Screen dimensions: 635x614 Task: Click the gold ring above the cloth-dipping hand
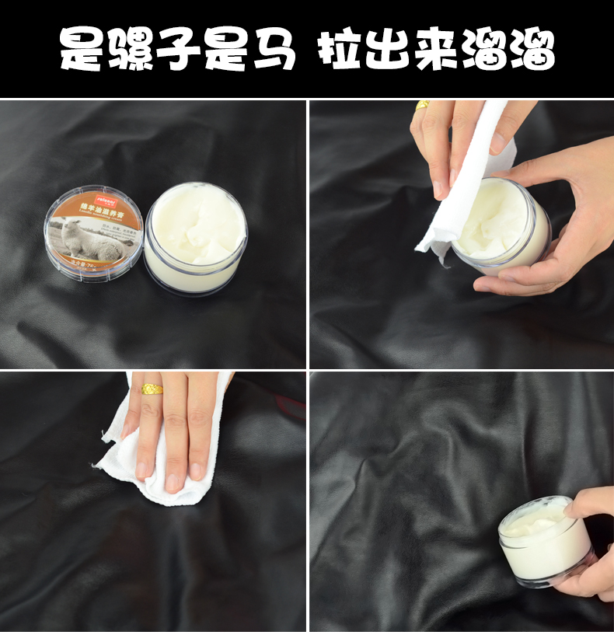pos(423,105)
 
